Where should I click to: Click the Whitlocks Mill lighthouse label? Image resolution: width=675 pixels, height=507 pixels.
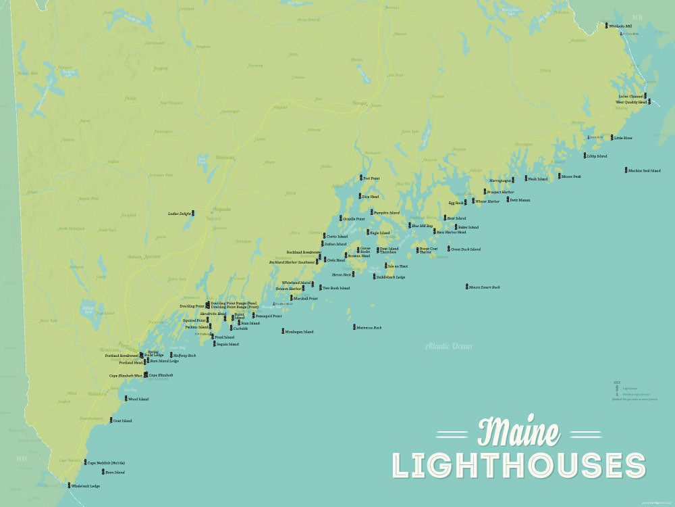click(x=620, y=26)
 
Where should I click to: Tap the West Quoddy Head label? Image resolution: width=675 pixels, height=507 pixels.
click(x=631, y=102)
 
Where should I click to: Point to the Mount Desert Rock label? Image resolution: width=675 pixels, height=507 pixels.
click(x=486, y=287)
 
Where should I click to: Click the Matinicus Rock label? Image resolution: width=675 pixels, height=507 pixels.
click(x=369, y=328)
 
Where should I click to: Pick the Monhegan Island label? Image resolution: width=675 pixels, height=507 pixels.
click(x=300, y=332)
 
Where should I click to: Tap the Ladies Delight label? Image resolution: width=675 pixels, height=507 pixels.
click(x=180, y=214)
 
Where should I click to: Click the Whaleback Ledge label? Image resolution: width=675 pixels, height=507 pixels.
click(x=86, y=486)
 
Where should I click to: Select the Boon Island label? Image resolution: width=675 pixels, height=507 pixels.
click(x=115, y=473)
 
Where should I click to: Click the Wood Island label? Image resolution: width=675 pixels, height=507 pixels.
click(x=138, y=399)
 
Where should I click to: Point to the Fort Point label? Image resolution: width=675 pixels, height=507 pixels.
click(x=372, y=178)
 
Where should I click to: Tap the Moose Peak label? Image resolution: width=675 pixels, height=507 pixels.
click(x=571, y=176)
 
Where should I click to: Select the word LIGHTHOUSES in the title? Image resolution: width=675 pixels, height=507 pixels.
click(x=519, y=466)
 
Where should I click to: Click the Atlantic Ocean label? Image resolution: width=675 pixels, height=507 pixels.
click(x=449, y=347)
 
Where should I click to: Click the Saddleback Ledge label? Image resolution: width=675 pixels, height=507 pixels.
click(x=391, y=277)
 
